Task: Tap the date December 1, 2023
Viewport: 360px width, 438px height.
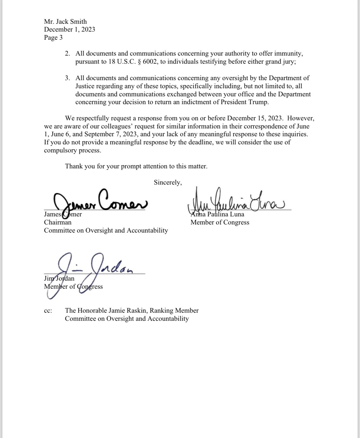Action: pos(69,29)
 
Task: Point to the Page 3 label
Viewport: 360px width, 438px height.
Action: pos(53,37)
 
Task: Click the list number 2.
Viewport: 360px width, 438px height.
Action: pos(67,53)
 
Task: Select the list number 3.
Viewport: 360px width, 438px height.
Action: pos(67,78)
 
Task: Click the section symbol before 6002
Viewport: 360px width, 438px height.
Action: pos(139,61)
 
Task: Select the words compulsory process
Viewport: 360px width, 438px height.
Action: pos(72,150)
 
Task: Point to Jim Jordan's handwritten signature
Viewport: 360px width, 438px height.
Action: pos(89,272)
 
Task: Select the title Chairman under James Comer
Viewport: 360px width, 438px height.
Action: pos(57,222)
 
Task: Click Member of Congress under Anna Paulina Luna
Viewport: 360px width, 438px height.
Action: pos(220,222)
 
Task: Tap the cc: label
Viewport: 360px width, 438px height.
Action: pos(48,310)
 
